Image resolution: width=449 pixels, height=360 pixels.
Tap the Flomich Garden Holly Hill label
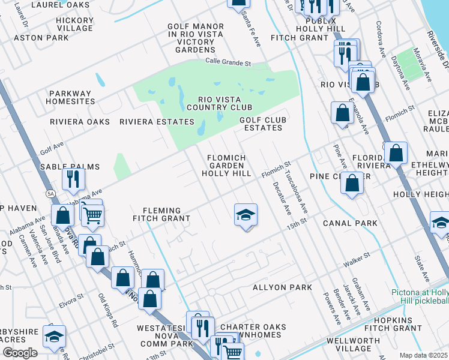pos(226,166)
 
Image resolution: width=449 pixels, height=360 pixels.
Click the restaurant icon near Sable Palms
pos(73,178)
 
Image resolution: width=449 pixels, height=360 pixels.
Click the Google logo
pos(20,353)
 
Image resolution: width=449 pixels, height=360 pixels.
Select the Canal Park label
pos(350,223)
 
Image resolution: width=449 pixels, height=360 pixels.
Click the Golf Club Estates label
pos(261,124)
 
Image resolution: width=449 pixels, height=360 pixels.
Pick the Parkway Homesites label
pos(71,97)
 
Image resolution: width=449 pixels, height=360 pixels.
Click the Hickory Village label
pos(74,24)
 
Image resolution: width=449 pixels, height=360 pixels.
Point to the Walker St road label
pos(354,263)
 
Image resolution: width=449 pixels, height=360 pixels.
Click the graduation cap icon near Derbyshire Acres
pos(55,337)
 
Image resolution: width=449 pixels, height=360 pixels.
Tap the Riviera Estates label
pos(157,122)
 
